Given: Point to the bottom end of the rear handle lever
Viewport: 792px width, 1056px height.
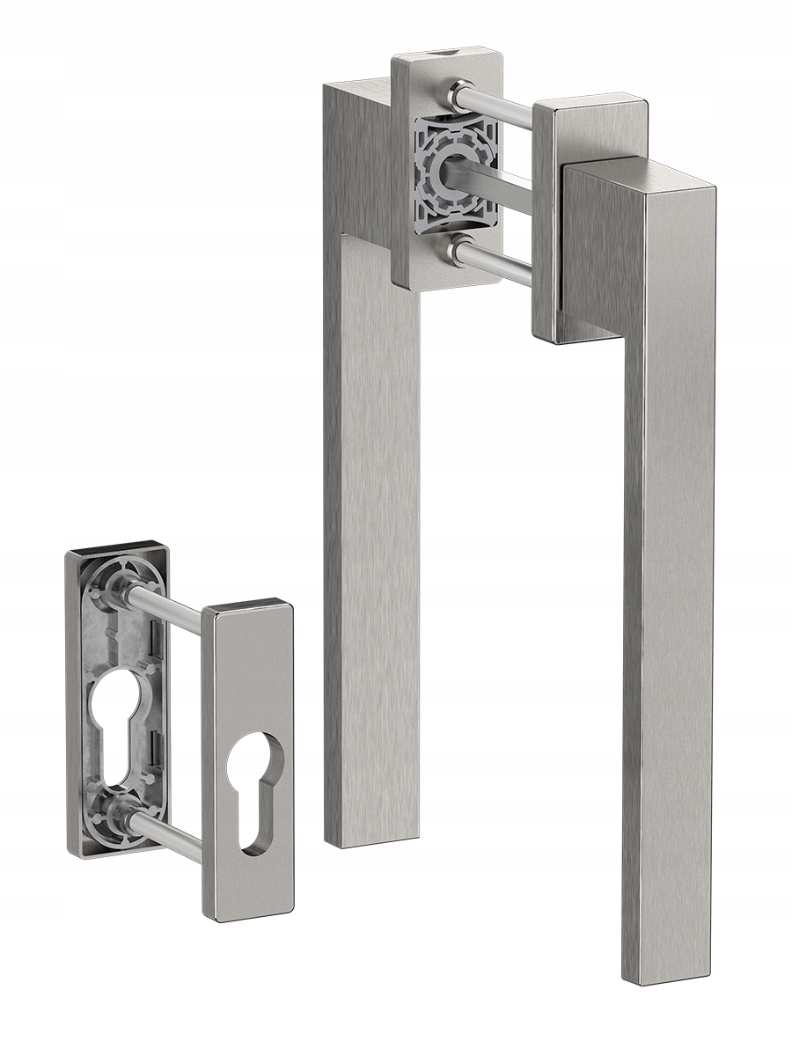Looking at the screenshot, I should [370, 836].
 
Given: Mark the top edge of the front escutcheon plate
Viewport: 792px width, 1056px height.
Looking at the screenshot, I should [248, 606].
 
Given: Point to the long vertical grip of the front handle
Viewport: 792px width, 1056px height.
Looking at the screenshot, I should [669, 616].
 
